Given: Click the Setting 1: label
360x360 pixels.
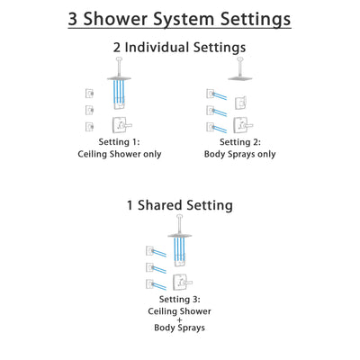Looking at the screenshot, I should pos(119,142).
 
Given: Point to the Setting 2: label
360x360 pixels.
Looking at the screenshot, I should pos(239,142).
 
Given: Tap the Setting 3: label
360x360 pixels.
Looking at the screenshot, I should pos(179,300).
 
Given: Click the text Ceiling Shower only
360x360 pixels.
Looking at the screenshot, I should pos(119,155).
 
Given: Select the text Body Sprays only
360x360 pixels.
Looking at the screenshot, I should pos(239,155).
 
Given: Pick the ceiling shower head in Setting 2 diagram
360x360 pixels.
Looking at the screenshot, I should pos(239,78).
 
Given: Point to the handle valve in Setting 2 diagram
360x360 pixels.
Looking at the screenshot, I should pos(241,125).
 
